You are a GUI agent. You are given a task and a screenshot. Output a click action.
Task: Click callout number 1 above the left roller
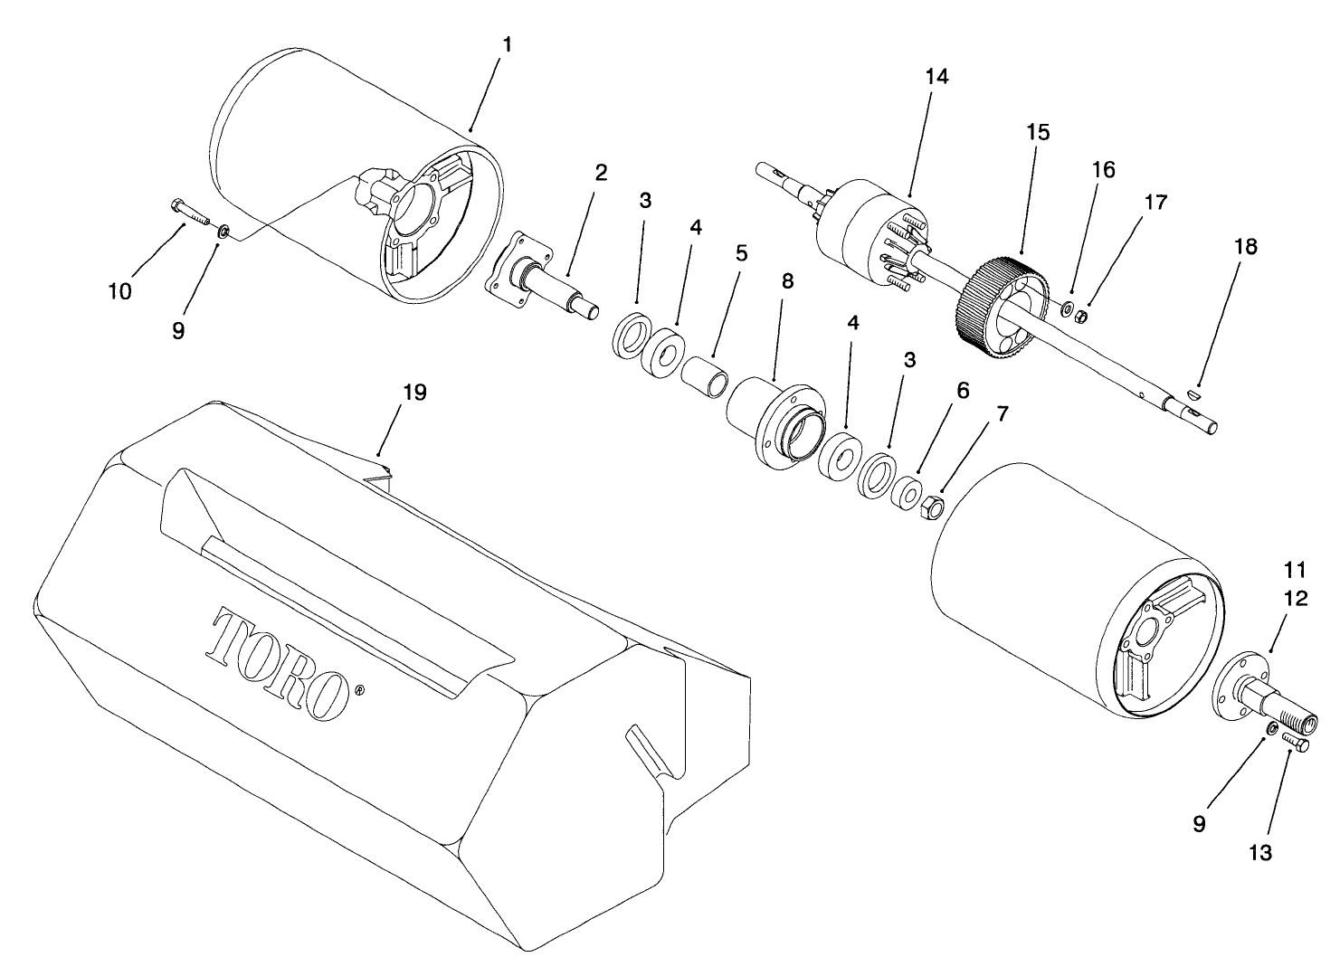pos(506,44)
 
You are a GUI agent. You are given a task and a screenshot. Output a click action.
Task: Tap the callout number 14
pos(936,78)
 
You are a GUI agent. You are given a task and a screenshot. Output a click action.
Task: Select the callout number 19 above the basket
pos(415,393)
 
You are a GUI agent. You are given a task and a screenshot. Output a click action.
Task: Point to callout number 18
pos(1245,246)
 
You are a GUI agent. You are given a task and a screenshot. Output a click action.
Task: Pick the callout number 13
pos(1259,852)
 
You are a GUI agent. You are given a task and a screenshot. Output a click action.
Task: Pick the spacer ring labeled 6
pos(904,496)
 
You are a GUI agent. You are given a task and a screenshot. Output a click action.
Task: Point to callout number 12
pos(1295,599)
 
